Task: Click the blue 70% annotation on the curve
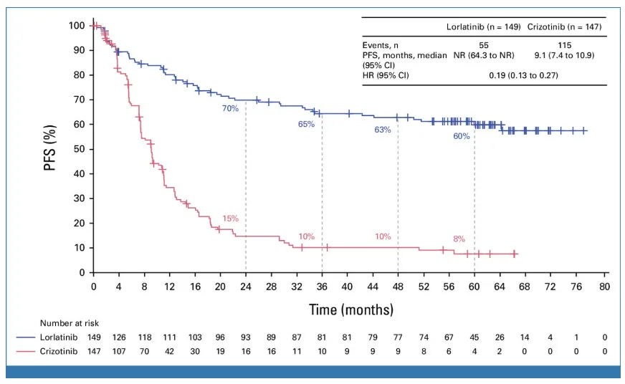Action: click(x=229, y=109)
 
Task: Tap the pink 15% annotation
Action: click(x=229, y=219)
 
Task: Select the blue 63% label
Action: click(x=383, y=130)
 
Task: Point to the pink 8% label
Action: click(x=459, y=239)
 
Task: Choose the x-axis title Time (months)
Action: click(x=351, y=309)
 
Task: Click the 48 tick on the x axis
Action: click(x=398, y=286)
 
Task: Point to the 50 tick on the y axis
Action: click(x=77, y=149)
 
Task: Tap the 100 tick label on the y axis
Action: click(x=75, y=26)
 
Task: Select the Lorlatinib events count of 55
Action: click(x=485, y=44)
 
